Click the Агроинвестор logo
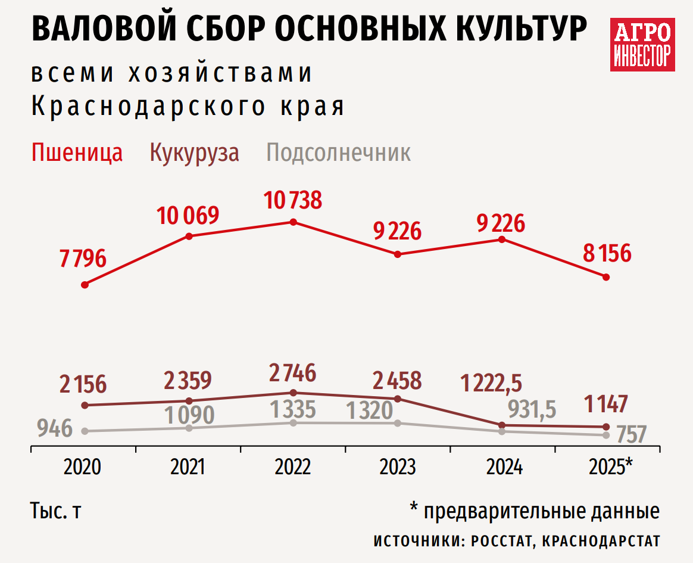click(x=642, y=44)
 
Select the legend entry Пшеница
click(x=77, y=153)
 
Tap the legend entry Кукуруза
click(x=194, y=153)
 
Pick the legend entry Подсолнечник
click(x=338, y=153)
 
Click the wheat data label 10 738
click(x=293, y=200)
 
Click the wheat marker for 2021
click(x=189, y=236)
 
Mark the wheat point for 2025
click(x=606, y=277)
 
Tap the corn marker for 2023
click(x=398, y=399)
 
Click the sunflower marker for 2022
click(x=293, y=423)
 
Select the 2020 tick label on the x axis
click(x=82, y=467)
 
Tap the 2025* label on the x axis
click(x=610, y=467)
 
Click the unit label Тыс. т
click(x=54, y=512)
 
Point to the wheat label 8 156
click(x=607, y=254)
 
